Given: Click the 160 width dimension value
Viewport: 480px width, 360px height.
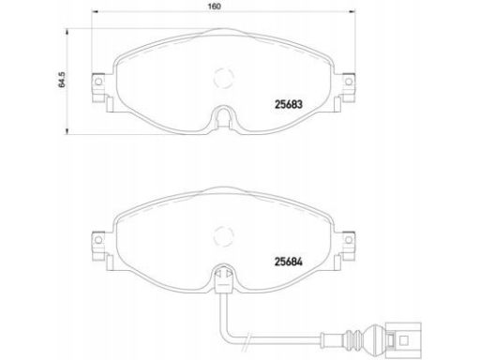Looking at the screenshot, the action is pyautogui.click(x=214, y=7).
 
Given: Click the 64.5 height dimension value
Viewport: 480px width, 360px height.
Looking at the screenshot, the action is pyautogui.click(x=62, y=80).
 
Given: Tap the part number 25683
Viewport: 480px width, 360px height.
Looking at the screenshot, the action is pyautogui.click(x=289, y=104).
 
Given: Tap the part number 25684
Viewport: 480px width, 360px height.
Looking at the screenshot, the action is pyautogui.click(x=289, y=262).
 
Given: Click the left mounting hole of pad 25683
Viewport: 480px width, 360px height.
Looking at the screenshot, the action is pyautogui.click(x=98, y=82).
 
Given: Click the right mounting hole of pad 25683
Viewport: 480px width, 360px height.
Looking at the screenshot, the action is pyautogui.click(x=349, y=82).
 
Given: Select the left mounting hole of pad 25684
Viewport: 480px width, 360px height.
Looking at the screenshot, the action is pyautogui.click(x=98, y=240).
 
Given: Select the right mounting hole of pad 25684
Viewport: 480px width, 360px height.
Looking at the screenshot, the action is pyautogui.click(x=349, y=240).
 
